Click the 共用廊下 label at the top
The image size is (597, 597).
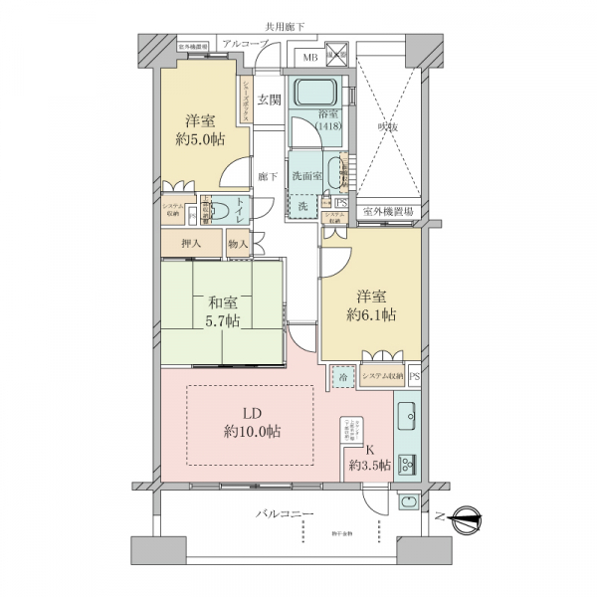pyautogui.click(x=287, y=26)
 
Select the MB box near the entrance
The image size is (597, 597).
pyautogui.click(x=311, y=59)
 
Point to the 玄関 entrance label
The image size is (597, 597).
pyautogui.click(x=268, y=99)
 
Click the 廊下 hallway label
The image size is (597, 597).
pyautogui.click(x=266, y=176)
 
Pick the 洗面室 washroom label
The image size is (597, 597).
pyautogui.click(x=306, y=176)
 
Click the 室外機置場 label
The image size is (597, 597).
pyautogui.click(x=388, y=211)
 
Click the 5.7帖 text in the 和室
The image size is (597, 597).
pyautogui.click(x=222, y=320)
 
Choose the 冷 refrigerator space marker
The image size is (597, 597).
pyautogui.click(x=342, y=378)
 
